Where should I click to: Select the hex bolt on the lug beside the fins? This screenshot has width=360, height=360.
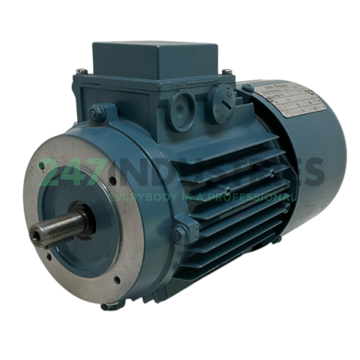click(x=178, y=232)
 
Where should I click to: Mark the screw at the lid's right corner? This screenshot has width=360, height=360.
click(x=228, y=72)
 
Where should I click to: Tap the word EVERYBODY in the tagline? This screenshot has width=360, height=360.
click(x=141, y=195)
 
